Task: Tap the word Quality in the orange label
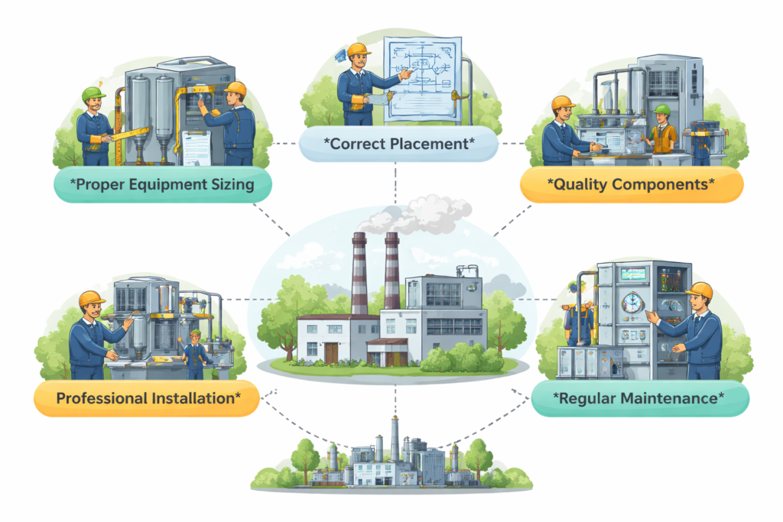coord(579,184)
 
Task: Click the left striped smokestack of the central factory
coord(359,271)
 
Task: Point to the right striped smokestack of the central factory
coord(391,271)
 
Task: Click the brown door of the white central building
coord(331,352)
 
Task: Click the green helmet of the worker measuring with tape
coord(93,94)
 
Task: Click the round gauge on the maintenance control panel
coord(632,303)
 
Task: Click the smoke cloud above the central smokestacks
coord(417,214)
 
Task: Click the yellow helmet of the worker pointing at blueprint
coord(357,50)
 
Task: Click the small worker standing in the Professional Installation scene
coord(195,353)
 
